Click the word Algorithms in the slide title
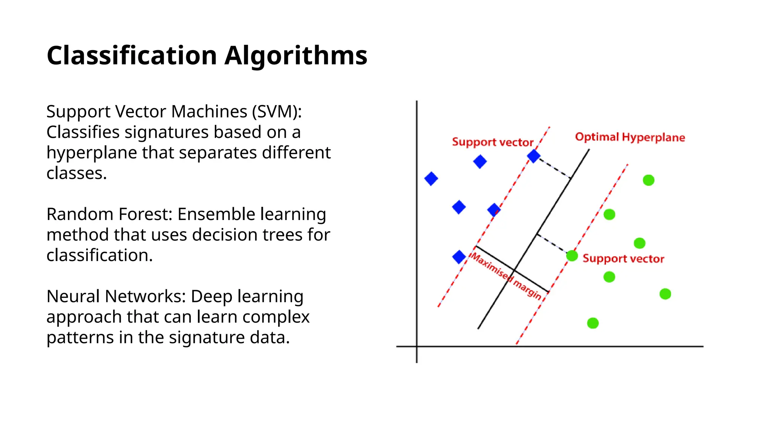296,55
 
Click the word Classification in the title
132,55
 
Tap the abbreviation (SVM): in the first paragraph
277,112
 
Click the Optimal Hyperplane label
630,137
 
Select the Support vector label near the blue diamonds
492,142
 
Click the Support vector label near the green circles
623,259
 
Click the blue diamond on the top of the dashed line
533,156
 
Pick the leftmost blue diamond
431,179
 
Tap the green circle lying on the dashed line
572,256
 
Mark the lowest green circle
593,323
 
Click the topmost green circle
648,180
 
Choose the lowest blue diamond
459,257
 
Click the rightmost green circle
665,294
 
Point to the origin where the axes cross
417,346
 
